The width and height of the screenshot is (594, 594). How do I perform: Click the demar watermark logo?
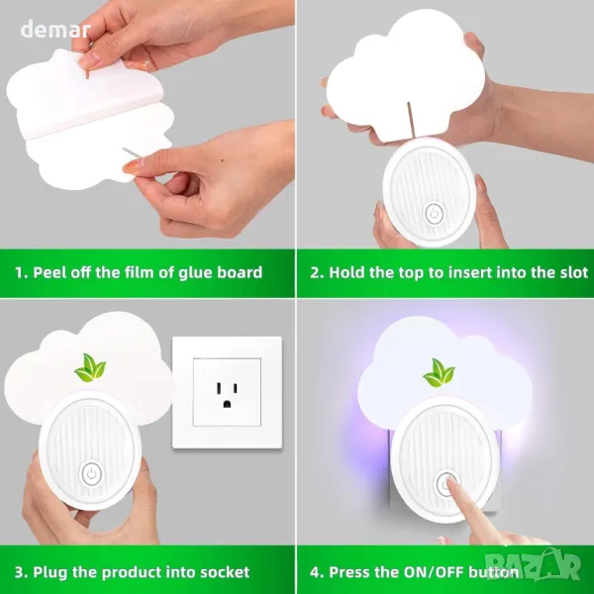55,30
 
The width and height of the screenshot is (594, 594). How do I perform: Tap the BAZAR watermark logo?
534,564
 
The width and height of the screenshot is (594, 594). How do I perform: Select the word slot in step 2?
574,272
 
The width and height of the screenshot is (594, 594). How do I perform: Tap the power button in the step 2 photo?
435,213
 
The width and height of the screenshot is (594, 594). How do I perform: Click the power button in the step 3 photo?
92,473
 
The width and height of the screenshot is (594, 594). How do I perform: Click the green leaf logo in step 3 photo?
90,367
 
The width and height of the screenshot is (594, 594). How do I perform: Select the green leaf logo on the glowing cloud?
439,373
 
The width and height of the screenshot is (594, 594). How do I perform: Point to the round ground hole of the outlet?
227,404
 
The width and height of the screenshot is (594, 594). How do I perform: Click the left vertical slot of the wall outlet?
219,388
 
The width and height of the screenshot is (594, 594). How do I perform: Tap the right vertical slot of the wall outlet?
236,389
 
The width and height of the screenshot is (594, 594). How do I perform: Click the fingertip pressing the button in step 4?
449,481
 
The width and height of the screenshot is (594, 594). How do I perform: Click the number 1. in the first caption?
22,273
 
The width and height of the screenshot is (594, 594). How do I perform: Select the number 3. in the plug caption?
22,572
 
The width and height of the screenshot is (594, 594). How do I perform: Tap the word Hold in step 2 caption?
346,272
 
